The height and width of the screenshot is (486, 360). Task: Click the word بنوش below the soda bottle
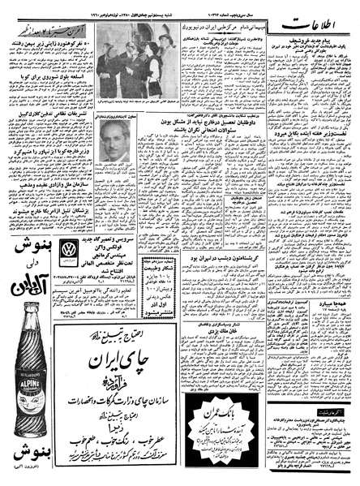pos(32,458)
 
